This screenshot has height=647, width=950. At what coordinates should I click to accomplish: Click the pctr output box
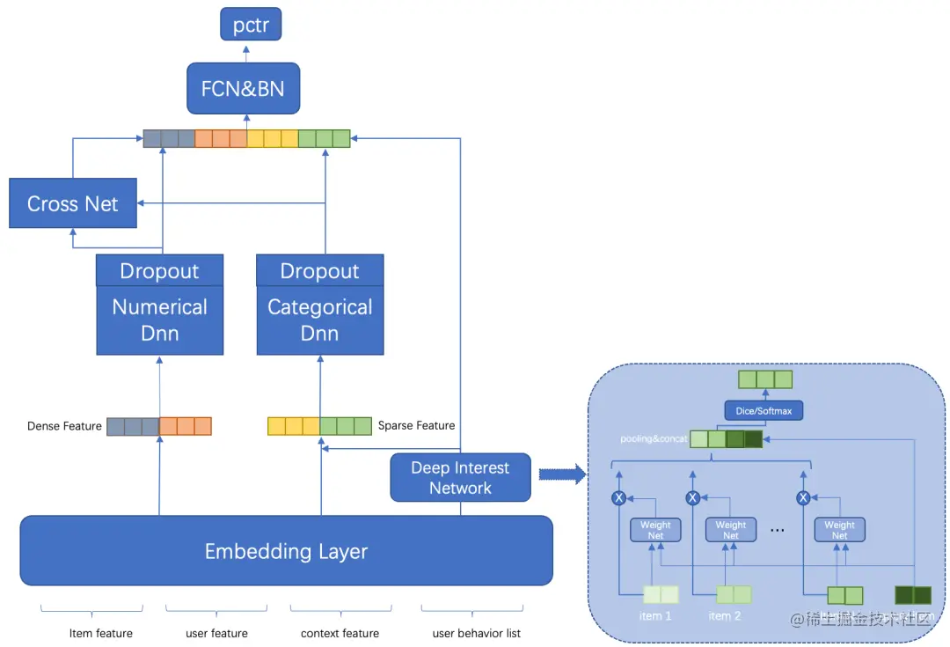pyautogui.click(x=251, y=25)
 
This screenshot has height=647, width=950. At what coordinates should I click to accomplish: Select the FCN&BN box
pyautogui.click(x=243, y=89)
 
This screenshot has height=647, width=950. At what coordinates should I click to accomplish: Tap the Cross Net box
pyautogui.click(x=73, y=203)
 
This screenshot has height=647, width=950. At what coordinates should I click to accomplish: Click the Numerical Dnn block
pyautogui.click(x=160, y=320)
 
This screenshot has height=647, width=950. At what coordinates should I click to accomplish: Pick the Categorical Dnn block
pyautogui.click(x=320, y=320)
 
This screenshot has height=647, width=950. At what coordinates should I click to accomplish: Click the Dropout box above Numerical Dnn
pyautogui.click(x=160, y=271)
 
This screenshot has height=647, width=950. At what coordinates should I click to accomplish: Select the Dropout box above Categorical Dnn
pyautogui.click(x=320, y=271)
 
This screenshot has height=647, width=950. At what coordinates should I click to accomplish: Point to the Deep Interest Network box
pyautogui.click(x=460, y=478)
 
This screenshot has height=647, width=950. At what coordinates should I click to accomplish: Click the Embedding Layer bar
pyautogui.click(x=286, y=551)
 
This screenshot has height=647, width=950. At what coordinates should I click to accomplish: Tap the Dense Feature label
pyautogui.click(x=64, y=426)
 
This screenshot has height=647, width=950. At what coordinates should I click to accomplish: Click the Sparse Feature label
pyautogui.click(x=416, y=425)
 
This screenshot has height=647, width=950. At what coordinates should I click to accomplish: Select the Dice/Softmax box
pyautogui.click(x=764, y=411)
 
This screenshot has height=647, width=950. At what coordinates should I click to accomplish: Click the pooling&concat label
pyautogui.click(x=652, y=437)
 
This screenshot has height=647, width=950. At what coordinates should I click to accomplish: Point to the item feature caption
pyautogui.click(x=101, y=633)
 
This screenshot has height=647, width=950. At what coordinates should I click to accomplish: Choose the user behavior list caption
pyautogui.click(x=476, y=633)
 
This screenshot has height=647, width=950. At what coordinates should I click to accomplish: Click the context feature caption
pyautogui.click(x=340, y=633)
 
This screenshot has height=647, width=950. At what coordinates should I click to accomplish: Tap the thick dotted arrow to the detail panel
pyautogui.click(x=561, y=475)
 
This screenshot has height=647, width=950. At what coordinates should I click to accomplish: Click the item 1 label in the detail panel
pyautogui.click(x=655, y=615)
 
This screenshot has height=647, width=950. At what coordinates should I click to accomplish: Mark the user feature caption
pyautogui.click(x=216, y=633)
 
